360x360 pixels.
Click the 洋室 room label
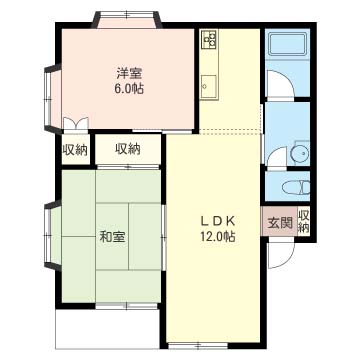(x=126, y=72)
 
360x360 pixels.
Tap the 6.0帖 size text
(x=126, y=88)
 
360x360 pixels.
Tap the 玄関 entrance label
(x=279, y=223)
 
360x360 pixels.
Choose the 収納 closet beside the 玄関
(x=303, y=222)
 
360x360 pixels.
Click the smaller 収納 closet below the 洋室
(x=75, y=150)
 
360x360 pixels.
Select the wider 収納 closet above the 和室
(x=127, y=150)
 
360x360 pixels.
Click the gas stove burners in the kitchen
(x=211, y=40)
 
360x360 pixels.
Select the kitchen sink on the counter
(x=210, y=84)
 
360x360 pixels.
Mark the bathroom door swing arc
(x=280, y=86)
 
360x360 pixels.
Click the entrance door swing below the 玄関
(x=281, y=255)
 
